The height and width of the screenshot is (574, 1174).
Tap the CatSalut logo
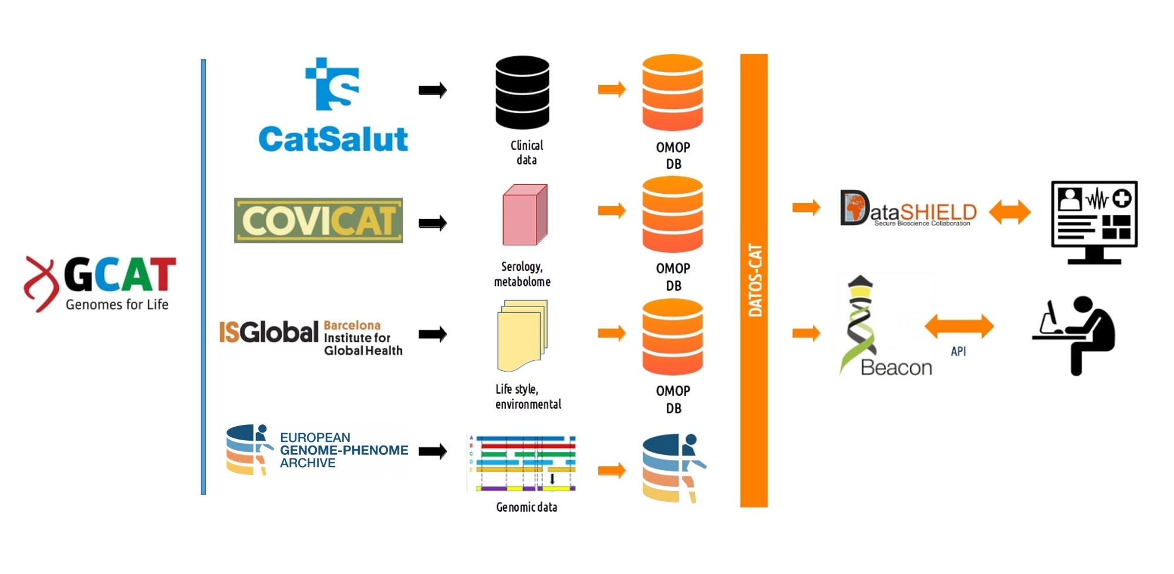[333, 106]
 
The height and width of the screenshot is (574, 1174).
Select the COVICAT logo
[318, 221]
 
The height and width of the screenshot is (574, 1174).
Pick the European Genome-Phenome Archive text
[343, 450]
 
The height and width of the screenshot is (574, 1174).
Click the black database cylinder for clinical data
[522, 92]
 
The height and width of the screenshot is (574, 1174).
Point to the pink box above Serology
[525, 215]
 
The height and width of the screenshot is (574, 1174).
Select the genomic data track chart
[522, 462]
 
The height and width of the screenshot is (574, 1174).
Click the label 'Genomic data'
[527, 507]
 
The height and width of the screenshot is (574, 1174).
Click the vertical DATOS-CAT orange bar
[754, 281]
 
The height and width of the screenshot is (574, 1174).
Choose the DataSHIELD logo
[908, 208]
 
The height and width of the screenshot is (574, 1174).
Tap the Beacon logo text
[896, 368]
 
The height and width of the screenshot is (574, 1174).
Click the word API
[958, 352]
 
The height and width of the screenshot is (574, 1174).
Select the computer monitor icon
[1094, 222]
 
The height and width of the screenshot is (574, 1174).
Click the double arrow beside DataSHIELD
[1010, 212]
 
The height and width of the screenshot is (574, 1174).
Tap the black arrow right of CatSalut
[433, 90]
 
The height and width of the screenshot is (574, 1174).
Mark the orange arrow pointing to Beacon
[806, 333]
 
